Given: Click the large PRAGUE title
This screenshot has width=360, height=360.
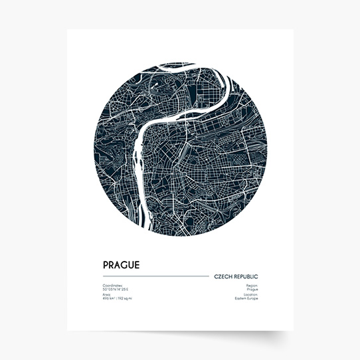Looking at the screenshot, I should click(x=121, y=264).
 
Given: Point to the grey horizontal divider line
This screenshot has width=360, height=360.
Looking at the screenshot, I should click(x=155, y=276).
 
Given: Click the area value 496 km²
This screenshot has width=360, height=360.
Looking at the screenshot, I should click(x=110, y=299).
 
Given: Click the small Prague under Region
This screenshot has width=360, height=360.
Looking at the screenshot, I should click(x=252, y=290).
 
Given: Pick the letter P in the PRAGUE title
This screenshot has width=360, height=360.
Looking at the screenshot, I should click(x=105, y=264).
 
